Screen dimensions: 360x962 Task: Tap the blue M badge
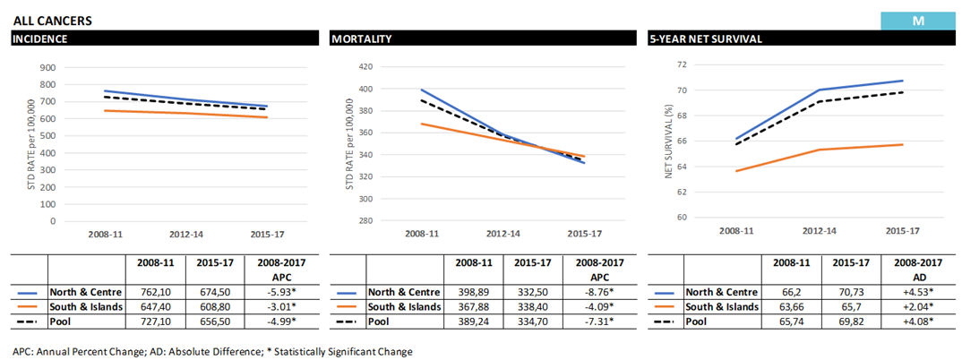click(x=917, y=20)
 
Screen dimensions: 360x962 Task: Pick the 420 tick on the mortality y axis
click(x=364, y=66)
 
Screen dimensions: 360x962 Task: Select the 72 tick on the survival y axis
click(x=682, y=65)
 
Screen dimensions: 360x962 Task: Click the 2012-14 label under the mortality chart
click(x=502, y=233)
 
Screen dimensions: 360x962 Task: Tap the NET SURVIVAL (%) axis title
click(x=668, y=141)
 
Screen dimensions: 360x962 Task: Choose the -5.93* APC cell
click(x=285, y=292)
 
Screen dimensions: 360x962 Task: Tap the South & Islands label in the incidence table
click(x=85, y=307)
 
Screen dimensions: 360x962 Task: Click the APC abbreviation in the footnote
click(x=23, y=351)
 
